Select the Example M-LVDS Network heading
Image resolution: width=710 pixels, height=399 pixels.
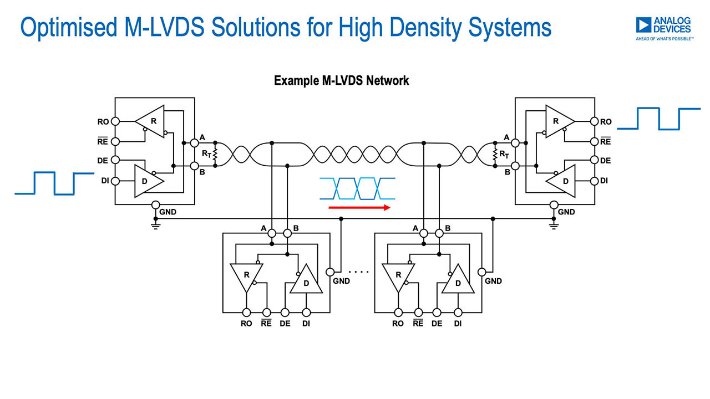pos(341,81)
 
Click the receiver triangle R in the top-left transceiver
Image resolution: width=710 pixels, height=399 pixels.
pos(150,121)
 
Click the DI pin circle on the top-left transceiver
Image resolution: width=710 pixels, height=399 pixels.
pos(115,181)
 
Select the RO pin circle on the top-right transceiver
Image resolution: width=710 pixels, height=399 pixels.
pos(594,121)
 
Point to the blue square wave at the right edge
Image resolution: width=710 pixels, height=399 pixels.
pos(658,119)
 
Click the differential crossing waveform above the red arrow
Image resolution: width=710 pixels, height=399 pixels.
pos(358,188)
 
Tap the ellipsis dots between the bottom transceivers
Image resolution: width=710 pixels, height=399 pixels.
pos(358,272)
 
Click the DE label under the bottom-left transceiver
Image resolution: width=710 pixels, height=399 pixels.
pos(285,324)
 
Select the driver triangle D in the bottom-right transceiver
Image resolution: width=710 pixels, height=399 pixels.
pos(458,280)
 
